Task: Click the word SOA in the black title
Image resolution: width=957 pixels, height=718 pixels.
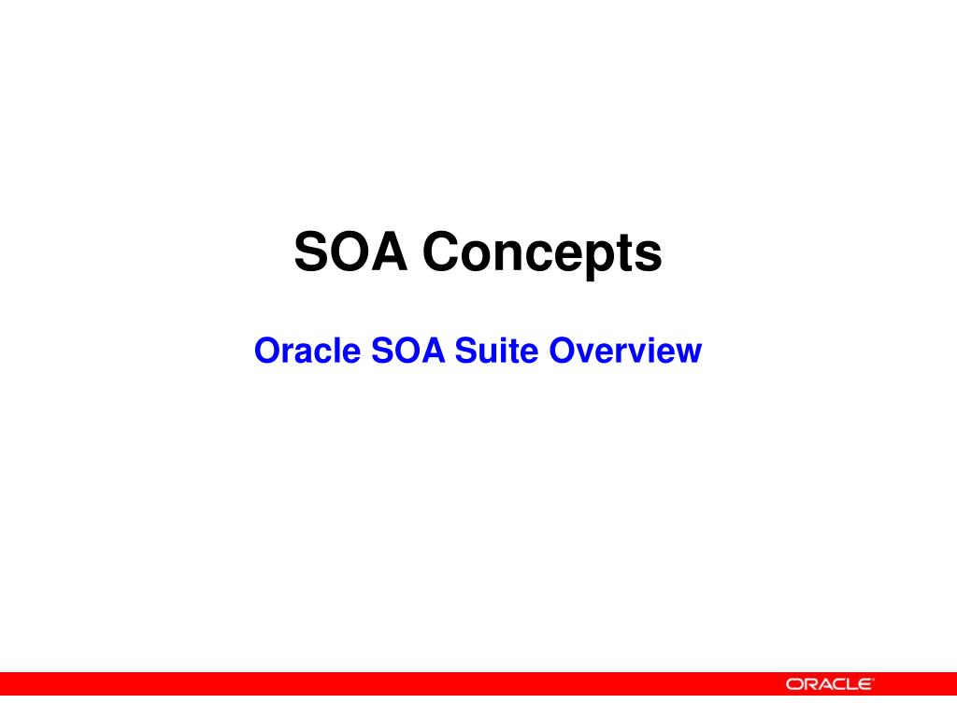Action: [x=350, y=252]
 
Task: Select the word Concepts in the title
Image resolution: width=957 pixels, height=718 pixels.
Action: [x=541, y=254]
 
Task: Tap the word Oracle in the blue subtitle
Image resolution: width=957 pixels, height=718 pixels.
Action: [x=307, y=352]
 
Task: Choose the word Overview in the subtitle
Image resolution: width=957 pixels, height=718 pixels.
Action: [x=625, y=352]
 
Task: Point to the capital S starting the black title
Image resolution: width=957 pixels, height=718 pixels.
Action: [x=311, y=252]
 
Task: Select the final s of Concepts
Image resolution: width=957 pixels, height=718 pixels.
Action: [x=650, y=256]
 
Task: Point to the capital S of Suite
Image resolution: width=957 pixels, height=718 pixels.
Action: [x=464, y=352]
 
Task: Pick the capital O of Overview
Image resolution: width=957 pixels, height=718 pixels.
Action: [x=561, y=352]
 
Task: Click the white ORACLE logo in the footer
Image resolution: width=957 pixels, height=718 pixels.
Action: [x=829, y=684]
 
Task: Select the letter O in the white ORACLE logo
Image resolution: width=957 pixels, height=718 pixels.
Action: [x=794, y=684]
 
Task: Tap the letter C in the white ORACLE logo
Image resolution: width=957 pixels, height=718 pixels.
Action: [x=836, y=684]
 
